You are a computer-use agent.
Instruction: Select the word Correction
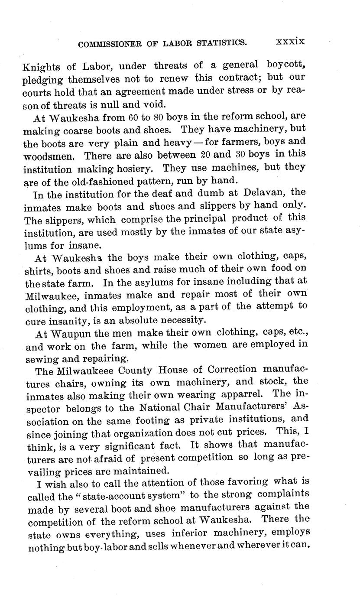(x=232, y=370)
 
